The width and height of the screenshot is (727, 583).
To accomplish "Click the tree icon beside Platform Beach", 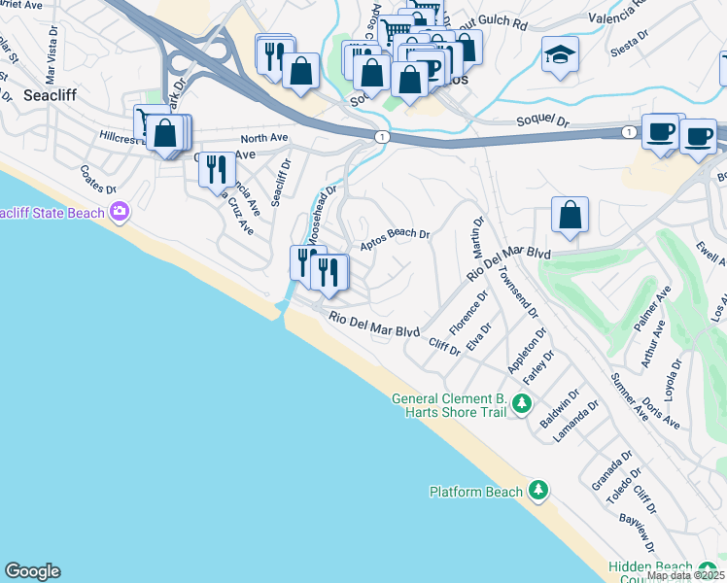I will pos(538,491).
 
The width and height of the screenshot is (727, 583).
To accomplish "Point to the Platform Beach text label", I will pos(476,492).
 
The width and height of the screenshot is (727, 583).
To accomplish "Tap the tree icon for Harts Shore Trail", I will pos(522,403).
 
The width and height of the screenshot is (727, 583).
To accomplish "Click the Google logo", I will pos(32,571).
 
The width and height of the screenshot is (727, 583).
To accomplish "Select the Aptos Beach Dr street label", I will pos(395,239).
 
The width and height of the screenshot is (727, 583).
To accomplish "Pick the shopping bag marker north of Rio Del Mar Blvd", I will pos(569,216).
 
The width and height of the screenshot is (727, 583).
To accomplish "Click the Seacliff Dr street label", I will pos(282,183).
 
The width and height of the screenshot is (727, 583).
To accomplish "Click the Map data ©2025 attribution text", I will pos(686,575).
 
